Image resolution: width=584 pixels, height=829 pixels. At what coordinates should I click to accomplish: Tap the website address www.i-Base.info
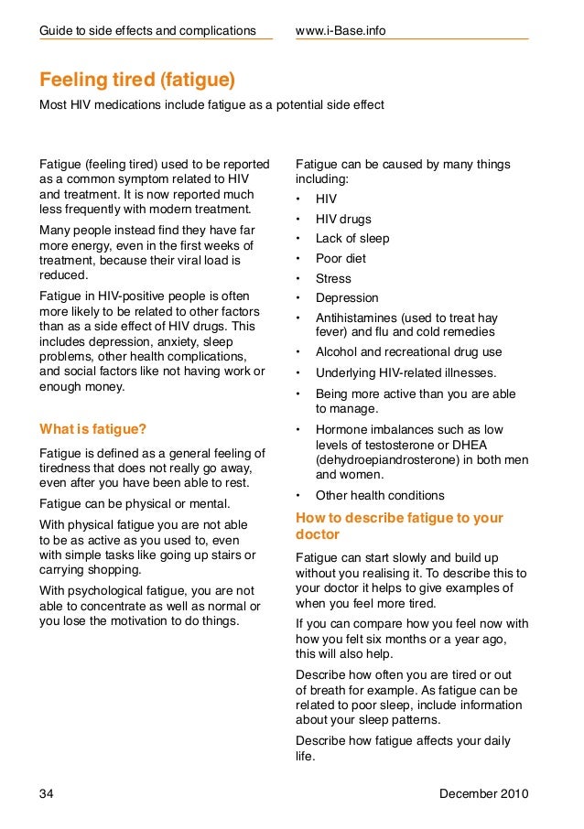(x=341, y=31)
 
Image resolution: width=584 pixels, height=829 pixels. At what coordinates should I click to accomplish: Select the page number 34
(x=47, y=792)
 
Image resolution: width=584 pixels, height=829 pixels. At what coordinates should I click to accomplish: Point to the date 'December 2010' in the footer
(x=483, y=792)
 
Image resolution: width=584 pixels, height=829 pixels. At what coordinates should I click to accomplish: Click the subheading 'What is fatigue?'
(x=92, y=428)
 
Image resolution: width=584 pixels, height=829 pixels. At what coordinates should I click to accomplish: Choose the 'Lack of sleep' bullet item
(x=352, y=239)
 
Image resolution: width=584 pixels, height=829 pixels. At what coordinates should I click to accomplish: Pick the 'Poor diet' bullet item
(x=341, y=259)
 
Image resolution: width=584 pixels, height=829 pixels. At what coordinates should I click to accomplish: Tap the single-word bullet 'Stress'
(x=333, y=278)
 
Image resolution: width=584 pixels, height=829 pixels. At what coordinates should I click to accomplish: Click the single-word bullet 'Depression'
(x=347, y=297)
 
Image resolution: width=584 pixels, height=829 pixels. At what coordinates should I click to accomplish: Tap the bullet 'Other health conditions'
(x=380, y=495)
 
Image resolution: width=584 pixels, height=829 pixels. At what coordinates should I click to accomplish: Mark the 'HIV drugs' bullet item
(x=343, y=219)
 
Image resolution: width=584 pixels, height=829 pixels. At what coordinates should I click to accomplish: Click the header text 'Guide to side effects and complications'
(x=147, y=31)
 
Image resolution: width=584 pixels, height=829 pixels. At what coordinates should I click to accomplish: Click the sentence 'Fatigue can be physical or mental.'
(x=135, y=504)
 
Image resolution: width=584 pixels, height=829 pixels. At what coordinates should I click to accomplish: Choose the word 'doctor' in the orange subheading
(x=318, y=533)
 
